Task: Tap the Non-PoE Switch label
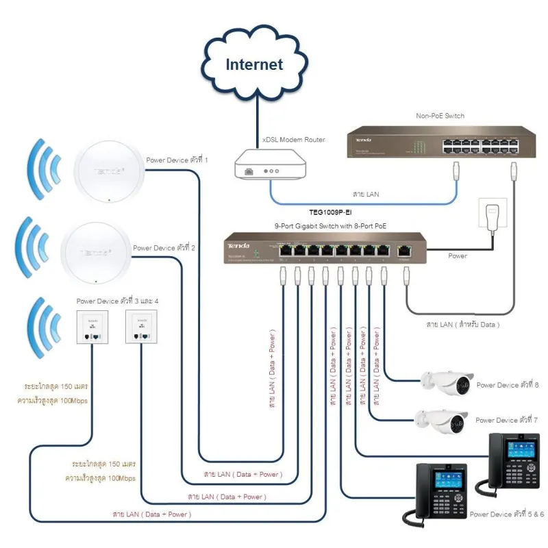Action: click(x=440, y=116)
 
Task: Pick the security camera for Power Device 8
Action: click(x=447, y=383)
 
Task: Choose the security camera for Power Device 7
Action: click(x=443, y=419)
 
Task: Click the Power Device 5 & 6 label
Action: click(x=507, y=514)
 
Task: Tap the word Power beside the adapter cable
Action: click(x=457, y=256)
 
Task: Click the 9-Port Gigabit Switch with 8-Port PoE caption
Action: click(x=331, y=225)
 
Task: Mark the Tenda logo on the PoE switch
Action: click(x=238, y=245)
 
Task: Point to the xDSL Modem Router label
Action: click(x=293, y=140)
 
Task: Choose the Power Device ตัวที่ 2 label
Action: click(x=164, y=248)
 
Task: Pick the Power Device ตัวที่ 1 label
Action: click(x=177, y=160)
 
